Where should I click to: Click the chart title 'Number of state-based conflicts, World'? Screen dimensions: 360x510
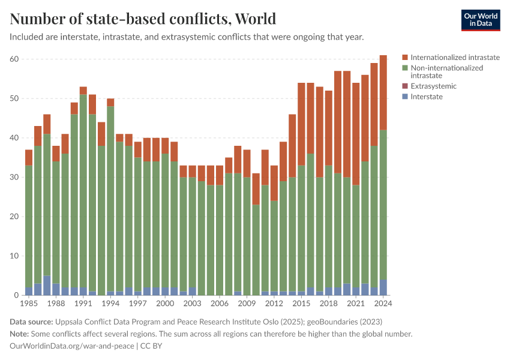[x=143, y=19]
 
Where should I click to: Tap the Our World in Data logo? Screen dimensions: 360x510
[x=481, y=20]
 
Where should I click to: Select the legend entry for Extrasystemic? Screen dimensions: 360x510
[x=433, y=86]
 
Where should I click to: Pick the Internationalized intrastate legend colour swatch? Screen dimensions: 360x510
[x=405, y=58]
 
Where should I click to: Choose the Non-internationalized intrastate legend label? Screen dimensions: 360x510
[x=446, y=72]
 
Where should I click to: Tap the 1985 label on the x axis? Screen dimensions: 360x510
[x=29, y=304]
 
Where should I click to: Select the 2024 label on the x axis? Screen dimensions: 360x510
[x=383, y=304]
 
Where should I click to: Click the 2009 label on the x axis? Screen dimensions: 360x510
[x=247, y=304]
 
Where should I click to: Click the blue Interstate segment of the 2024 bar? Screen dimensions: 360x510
[x=383, y=287]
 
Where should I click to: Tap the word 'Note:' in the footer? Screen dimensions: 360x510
[x=21, y=334]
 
